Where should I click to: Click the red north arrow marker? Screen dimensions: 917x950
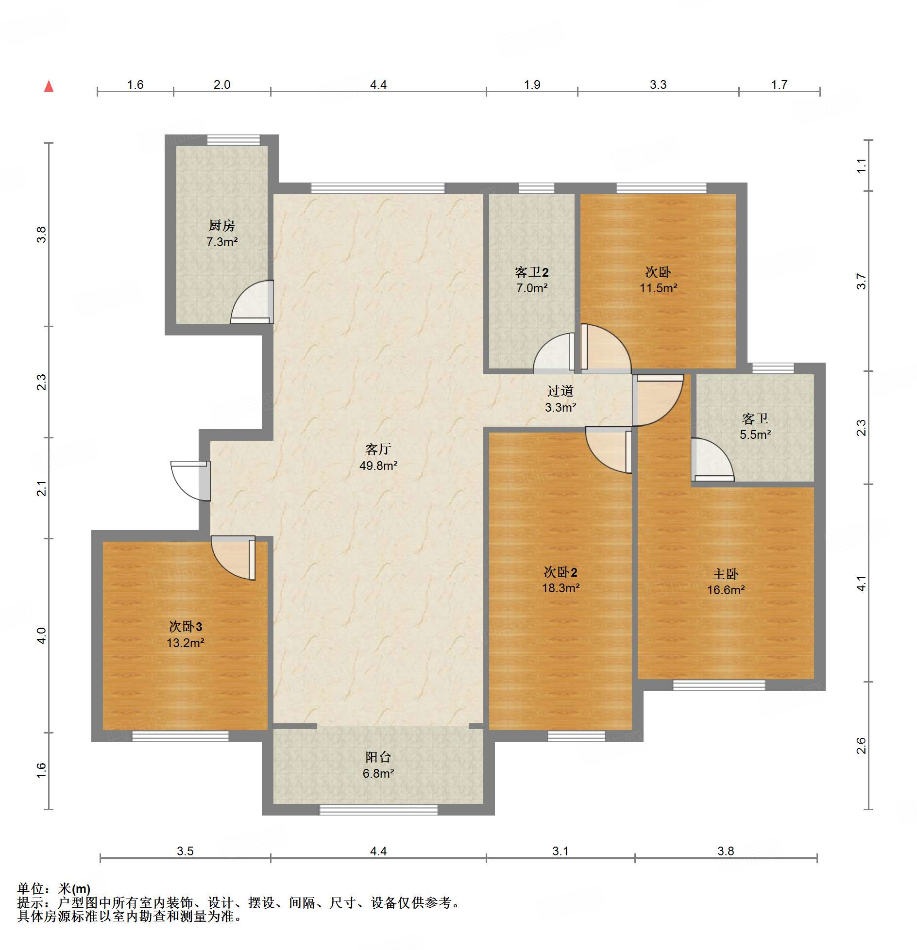[x=49, y=86]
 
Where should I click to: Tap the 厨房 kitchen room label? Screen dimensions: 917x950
[x=221, y=225]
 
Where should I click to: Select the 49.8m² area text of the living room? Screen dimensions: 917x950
[x=378, y=466]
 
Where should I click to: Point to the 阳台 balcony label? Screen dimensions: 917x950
[x=378, y=757]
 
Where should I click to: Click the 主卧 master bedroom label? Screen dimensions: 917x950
[x=725, y=574]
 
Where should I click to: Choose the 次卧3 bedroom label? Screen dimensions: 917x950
[x=185, y=627]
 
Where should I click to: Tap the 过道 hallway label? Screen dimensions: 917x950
[x=560, y=391]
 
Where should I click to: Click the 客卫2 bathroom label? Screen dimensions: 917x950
[x=531, y=272]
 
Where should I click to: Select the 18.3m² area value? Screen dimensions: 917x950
[x=560, y=588]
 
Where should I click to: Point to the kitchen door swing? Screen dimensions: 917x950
[x=252, y=302]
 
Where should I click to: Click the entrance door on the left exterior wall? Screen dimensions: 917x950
[x=190, y=481]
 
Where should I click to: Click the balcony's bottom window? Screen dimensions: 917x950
[x=378, y=810]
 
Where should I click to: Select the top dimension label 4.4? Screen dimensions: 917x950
[x=378, y=85]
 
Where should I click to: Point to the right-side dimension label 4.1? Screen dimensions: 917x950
[x=861, y=583]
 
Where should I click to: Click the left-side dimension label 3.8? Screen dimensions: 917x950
[x=42, y=235]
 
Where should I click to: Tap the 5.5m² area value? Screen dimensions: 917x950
[x=755, y=435]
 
